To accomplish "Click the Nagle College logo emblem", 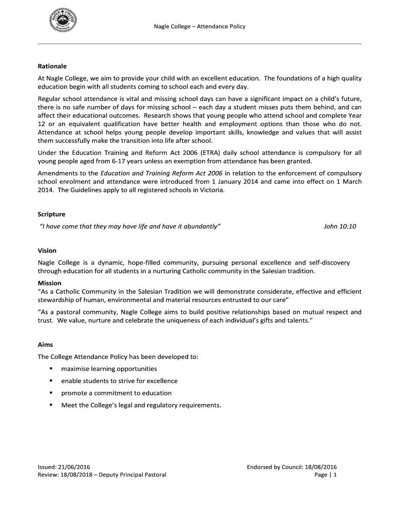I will [64, 22].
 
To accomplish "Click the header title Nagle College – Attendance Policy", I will [200, 26].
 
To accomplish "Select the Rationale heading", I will [52, 67].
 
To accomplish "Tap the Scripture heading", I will [51, 214].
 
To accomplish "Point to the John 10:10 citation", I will [340, 226].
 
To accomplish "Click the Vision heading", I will [47, 251].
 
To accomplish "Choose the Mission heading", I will [50, 283].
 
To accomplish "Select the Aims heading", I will [45, 345].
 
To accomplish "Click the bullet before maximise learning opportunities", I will [51, 369].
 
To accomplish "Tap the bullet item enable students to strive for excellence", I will [119, 381].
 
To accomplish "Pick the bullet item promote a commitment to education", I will [116, 393].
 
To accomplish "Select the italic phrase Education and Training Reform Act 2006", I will [162, 173].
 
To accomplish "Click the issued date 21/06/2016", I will [74, 467].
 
